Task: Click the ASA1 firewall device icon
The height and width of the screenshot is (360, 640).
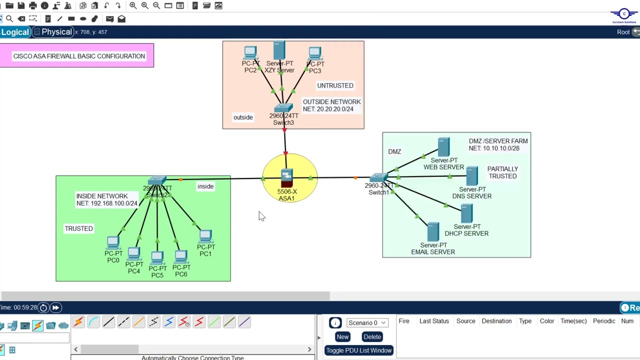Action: coord(286,178)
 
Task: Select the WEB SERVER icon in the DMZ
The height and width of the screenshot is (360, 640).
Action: coord(443,147)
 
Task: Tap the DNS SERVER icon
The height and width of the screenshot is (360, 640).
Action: coord(472,176)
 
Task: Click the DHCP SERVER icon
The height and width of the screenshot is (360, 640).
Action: coord(466,214)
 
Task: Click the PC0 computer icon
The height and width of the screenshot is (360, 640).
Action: coord(113,243)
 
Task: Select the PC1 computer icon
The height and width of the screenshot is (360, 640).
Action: coord(205,236)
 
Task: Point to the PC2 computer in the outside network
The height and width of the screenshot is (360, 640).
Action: coord(250,53)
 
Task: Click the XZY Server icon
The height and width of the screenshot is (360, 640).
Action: coord(279,50)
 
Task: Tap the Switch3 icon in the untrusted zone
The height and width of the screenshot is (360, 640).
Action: coord(283,108)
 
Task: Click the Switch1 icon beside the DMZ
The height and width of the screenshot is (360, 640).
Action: coord(378,178)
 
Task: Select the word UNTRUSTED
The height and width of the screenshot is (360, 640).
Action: coord(335,85)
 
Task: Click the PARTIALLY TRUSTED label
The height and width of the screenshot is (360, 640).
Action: coord(502,172)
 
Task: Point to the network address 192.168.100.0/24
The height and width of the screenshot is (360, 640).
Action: coord(114,203)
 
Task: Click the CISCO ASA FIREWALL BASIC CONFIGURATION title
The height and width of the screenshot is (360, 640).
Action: coord(79,56)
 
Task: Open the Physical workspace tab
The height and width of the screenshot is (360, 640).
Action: coord(56,32)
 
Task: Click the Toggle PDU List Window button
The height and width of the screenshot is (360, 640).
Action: coord(358,350)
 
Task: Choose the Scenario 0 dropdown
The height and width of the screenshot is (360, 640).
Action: coord(367,323)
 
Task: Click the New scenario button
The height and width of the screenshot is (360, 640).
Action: coord(342,337)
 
